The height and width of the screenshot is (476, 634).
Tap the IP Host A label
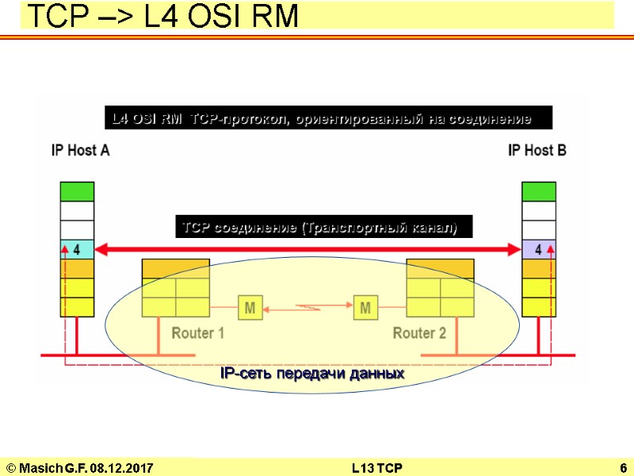[80, 150]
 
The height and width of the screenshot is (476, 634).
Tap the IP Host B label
[537, 150]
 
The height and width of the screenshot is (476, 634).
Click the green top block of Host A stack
[77, 191]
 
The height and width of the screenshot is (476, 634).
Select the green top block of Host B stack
[538, 191]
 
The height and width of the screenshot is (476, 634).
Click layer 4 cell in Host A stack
[77, 249]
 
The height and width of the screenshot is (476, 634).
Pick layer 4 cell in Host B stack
[538, 249]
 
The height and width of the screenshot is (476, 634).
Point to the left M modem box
[249, 307]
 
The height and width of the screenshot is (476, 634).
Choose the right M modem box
[365, 307]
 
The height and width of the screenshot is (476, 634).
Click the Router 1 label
[198, 333]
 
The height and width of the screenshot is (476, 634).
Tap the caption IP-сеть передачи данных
[312, 373]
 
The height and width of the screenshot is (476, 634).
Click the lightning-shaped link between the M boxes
[307, 307]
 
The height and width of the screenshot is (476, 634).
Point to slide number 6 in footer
[624, 468]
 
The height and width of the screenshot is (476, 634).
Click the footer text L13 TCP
[376, 468]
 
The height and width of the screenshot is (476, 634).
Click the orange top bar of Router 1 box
[176, 268]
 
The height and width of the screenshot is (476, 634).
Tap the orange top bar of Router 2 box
[440, 268]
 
